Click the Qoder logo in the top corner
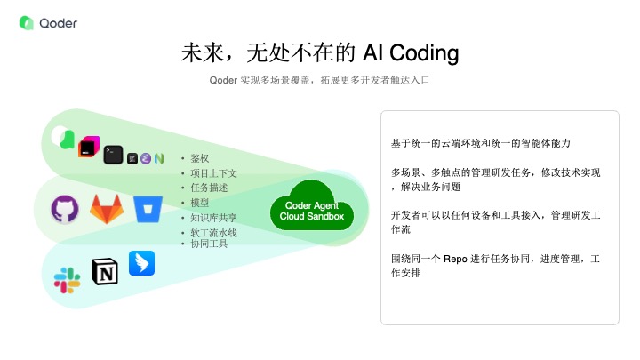[48, 23]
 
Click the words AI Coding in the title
[411, 53]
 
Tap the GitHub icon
[65, 210]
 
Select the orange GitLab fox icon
[107, 209]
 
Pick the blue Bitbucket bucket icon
[148, 209]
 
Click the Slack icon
[67, 280]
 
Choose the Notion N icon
[105, 271]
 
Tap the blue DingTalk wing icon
[141, 263]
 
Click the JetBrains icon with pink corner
[89, 147]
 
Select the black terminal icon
[113, 155]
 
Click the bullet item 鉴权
[200, 158]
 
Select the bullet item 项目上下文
[213, 173]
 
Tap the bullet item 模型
[200, 203]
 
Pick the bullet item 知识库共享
[213, 218]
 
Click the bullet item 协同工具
[209, 244]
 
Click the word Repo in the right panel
[455, 259]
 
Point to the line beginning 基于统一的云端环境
[480, 143]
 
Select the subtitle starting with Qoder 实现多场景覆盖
[319, 80]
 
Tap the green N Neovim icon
[159, 158]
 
